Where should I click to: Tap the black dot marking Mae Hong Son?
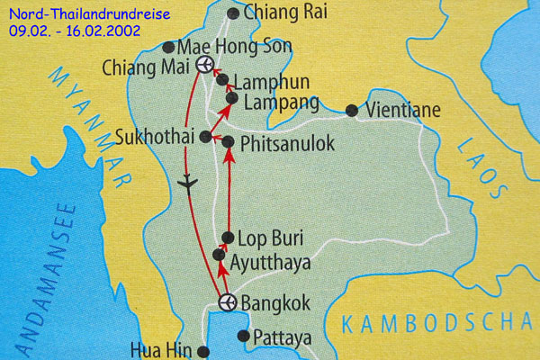click(168, 47)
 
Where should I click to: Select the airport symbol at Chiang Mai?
click(205, 65)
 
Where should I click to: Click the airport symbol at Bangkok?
click(227, 301)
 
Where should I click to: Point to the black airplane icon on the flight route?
click(187, 183)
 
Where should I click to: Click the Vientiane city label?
click(405, 112)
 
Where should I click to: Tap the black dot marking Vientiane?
click(351, 111)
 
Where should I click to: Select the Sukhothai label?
click(157, 138)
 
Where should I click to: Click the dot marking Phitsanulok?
click(228, 142)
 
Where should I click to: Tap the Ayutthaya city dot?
click(218, 256)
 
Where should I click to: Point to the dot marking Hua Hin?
click(203, 351)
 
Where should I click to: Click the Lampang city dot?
click(230, 98)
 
